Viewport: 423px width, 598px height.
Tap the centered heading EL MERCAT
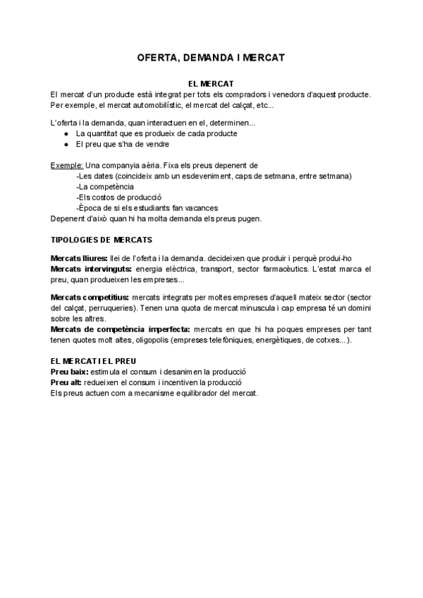(211, 84)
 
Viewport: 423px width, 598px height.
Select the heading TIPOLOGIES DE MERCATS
(102, 240)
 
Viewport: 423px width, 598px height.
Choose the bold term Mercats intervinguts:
(91, 269)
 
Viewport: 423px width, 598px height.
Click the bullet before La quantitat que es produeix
(66, 133)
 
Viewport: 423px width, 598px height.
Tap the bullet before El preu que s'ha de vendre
(66, 144)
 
